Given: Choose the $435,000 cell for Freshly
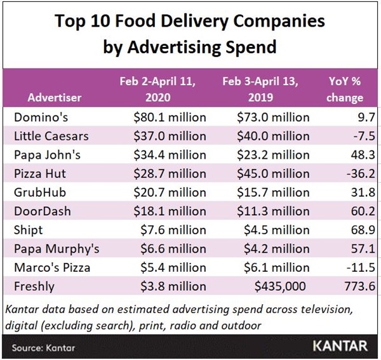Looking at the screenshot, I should tap(282, 287).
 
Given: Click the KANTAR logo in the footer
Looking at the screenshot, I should tap(340, 347).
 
